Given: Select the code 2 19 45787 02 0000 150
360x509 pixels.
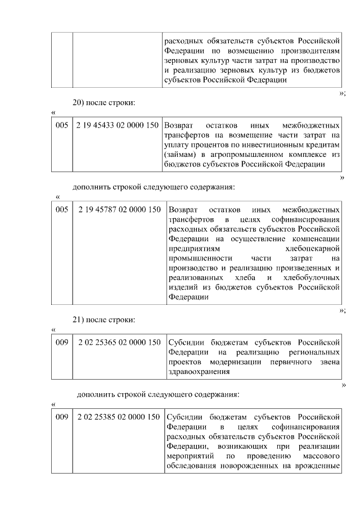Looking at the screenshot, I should [120, 210].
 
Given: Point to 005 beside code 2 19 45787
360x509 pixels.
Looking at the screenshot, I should [62, 210].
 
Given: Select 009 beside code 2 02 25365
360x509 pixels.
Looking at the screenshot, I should [62, 342].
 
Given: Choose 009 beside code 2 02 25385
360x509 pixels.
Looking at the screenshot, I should [62, 417].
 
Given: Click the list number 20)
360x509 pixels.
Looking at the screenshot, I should [80, 103].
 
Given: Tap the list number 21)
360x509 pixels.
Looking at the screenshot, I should [80, 320].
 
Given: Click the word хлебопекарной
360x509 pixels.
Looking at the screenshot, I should [312, 247].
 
